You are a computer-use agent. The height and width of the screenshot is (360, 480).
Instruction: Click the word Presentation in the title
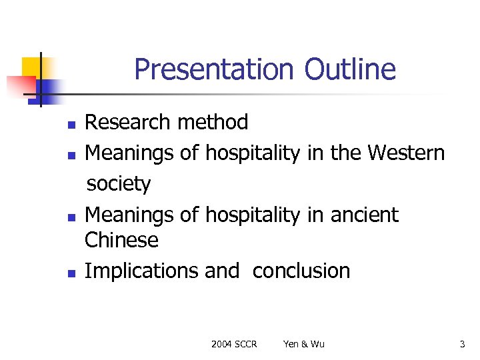[x=213, y=69]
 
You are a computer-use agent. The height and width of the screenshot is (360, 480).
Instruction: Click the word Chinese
[x=122, y=240]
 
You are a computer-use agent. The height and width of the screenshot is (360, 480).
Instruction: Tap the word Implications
[x=141, y=271]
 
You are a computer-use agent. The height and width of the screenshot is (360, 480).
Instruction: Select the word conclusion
[x=301, y=271]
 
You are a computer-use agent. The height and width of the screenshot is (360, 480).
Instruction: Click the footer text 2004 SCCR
[x=234, y=344]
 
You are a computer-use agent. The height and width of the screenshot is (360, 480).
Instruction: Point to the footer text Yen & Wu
[x=304, y=344]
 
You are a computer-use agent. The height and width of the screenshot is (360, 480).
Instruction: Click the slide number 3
[x=462, y=344]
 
